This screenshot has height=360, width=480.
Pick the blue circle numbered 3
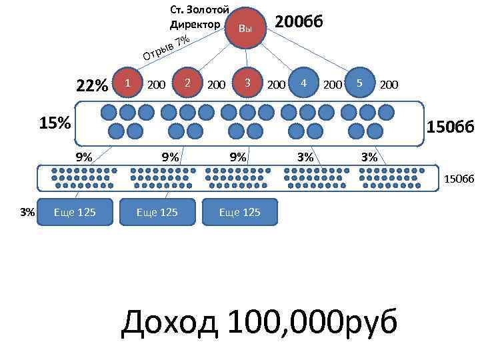(x=247, y=83)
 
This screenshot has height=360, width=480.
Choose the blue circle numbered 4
(x=303, y=83)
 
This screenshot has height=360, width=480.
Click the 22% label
(x=92, y=86)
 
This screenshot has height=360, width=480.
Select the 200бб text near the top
(x=300, y=21)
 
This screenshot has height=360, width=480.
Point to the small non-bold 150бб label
(x=459, y=178)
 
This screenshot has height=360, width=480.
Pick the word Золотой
(x=209, y=9)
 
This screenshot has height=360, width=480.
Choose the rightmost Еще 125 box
(x=239, y=212)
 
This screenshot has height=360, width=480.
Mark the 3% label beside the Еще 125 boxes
(x=27, y=212)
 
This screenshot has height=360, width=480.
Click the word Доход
(x=169, y=324)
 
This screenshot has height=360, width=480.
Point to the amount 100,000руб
(x=313, y=324)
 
